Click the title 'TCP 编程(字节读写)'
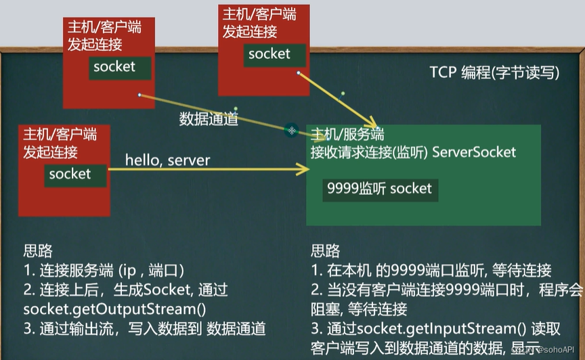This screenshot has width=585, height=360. pos(494,73)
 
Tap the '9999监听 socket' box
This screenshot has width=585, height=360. pos(379,189)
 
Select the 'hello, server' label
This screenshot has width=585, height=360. pos(167,160)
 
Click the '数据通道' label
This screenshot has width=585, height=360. pos(209,119)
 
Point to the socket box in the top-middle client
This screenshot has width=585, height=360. pos(269,54)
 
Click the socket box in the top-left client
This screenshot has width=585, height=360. pos(114,67)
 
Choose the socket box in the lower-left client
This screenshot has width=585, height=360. pos(70,174)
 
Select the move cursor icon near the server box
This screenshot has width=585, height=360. pos(291,131)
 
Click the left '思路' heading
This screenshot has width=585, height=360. pos(38,251)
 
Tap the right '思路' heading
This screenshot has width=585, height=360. pos(326,251)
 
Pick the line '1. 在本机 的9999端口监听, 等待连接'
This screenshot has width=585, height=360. pos(431,271)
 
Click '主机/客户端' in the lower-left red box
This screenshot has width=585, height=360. pos(60,133)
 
